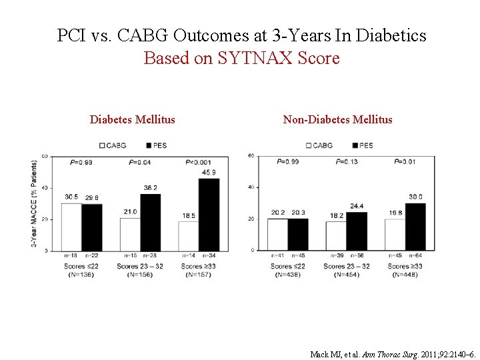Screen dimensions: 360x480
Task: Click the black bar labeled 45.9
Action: point(209,215)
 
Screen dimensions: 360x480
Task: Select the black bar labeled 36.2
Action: point(150,223)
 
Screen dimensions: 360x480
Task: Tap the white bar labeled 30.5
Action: point(71,227)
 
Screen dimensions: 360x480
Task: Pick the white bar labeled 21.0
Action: point(130,235)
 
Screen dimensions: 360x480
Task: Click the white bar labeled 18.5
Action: point(189,237)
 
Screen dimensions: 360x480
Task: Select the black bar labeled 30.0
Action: point(415,227)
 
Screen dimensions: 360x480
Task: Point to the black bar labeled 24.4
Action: point(357,231)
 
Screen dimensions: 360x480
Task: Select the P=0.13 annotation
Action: point(347,161)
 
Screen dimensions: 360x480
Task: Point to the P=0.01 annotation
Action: point(405,161)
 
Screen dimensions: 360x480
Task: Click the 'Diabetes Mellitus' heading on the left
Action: point(133,120)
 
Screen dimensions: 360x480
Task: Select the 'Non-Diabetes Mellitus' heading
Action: point(337,120)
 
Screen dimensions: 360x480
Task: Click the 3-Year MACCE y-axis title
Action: point(34,204)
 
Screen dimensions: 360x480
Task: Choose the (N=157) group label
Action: point(197,275)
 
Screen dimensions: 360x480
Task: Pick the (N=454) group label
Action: point(346,275)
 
